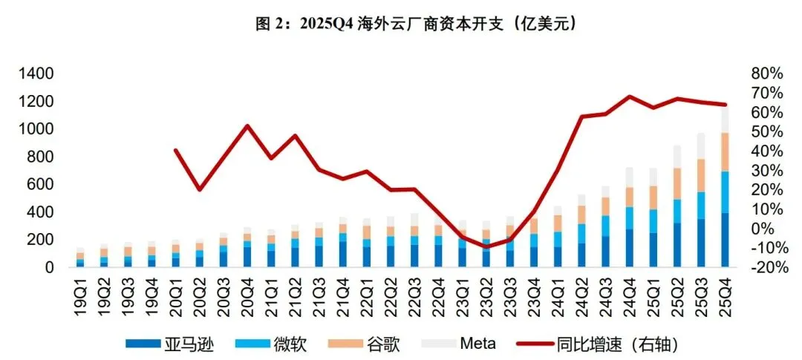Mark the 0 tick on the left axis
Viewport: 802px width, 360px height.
coord(49,267)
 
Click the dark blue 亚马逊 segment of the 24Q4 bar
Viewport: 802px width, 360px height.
coord(630,248)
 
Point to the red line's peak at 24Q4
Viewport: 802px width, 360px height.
coord(630,96)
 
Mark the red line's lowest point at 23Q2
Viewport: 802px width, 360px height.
coord(486,246)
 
